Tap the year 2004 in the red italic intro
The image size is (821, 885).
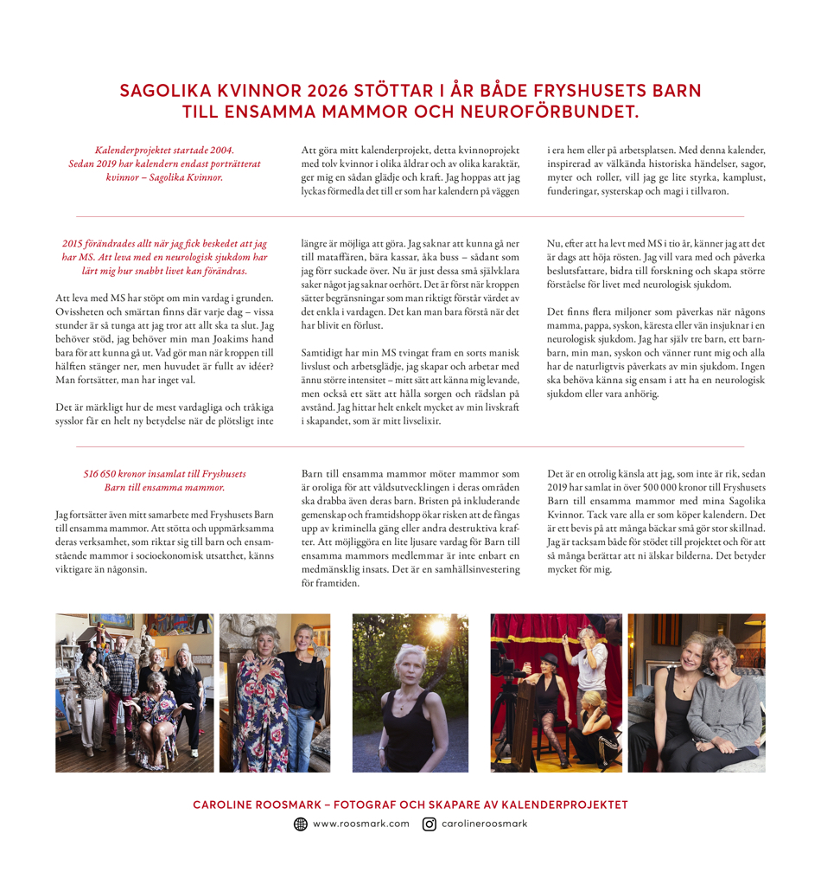click(220, 150)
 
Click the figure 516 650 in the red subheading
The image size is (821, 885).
click(104, 474)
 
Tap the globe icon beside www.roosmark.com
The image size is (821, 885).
click(301, 824)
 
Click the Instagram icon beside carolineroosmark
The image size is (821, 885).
click(430, 824)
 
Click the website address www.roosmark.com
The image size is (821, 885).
click(360, 824)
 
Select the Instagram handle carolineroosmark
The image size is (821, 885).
click(484, 824)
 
